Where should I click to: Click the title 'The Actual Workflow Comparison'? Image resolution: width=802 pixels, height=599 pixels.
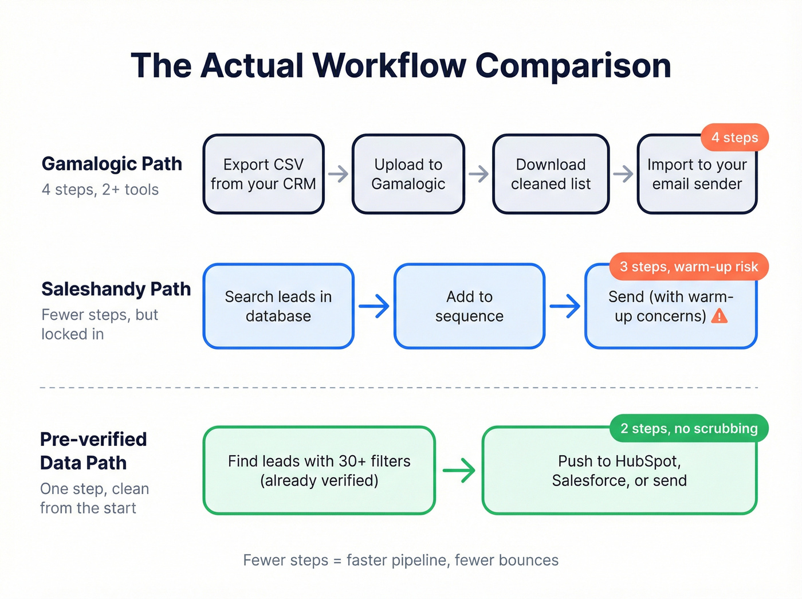coord(400,65)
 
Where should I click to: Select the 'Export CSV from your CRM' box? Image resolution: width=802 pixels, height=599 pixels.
coord(264,174)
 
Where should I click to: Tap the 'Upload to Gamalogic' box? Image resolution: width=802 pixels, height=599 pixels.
coord(408,174)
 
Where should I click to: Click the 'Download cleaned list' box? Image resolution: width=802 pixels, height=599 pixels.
coord(551,174)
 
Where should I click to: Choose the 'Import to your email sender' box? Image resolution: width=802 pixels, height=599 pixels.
coord(697,178)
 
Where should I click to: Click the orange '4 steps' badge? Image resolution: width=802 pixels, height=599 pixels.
coord(734,138)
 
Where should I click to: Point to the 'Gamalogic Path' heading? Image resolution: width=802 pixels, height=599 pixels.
coord(112,164)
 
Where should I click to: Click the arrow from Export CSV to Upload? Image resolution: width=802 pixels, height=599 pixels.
coord(339,174)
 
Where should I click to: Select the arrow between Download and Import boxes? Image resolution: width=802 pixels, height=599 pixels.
coord(623,174)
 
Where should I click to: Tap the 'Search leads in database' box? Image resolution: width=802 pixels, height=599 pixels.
coord(278,306)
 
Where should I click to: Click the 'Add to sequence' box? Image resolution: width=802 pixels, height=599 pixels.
coord(469,306)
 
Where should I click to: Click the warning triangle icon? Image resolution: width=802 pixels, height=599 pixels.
coord(719,316)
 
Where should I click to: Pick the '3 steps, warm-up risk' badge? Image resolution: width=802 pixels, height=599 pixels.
coord(689,267)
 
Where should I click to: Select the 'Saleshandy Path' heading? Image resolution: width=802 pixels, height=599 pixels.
coord(116,289)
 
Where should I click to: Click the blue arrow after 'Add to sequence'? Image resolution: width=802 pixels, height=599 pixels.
coord(565,306)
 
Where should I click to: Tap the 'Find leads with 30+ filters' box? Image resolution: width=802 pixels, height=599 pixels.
coord(319,471)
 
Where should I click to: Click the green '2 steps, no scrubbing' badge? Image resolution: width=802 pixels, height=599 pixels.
coord(689,428)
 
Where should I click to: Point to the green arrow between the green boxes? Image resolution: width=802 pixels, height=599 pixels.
coord(459,471)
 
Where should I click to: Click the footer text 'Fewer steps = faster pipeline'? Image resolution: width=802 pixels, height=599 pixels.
coord(400,560)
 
